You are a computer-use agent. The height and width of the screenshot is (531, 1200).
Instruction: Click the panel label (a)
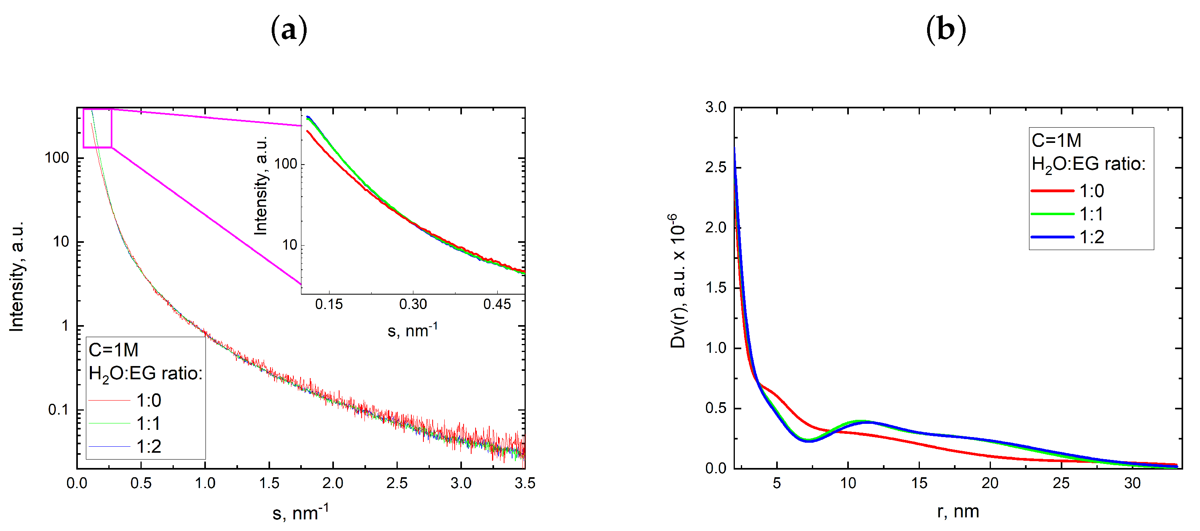289,30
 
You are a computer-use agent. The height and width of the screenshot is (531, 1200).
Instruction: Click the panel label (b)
946,30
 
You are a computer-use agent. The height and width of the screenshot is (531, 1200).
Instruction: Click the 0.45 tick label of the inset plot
496,305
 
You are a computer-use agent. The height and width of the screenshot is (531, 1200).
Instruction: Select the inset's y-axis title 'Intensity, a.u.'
261,185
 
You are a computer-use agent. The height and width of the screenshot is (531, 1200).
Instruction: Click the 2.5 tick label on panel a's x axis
397,483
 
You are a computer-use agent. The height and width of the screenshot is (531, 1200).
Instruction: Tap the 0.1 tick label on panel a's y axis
58,410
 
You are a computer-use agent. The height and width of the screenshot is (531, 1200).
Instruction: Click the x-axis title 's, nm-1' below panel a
301,513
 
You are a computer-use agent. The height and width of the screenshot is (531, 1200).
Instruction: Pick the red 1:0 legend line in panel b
1052,191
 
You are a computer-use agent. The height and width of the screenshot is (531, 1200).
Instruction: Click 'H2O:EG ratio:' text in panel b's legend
1088,164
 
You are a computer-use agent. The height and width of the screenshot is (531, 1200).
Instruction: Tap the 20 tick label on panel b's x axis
990,483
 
